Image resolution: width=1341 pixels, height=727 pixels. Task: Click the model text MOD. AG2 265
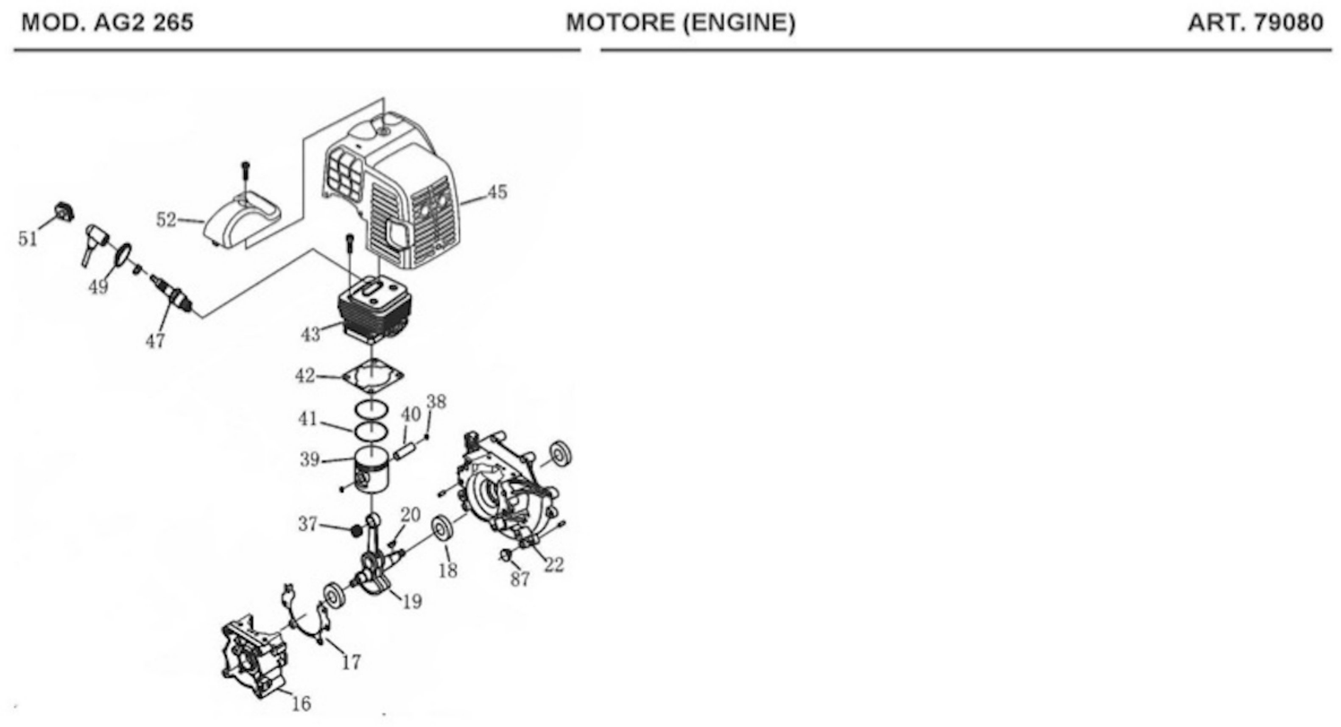pos(107,23)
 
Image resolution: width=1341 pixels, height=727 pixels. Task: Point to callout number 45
pos(497,192)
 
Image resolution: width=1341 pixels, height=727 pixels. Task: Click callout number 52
pos(166,220)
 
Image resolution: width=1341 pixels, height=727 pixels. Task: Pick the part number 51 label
pos(28,239)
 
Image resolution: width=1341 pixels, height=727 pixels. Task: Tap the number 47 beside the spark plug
pos(155,341)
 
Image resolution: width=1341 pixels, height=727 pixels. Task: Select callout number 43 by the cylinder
pos(311,334)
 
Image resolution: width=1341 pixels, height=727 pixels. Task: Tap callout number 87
pos(520,579)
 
